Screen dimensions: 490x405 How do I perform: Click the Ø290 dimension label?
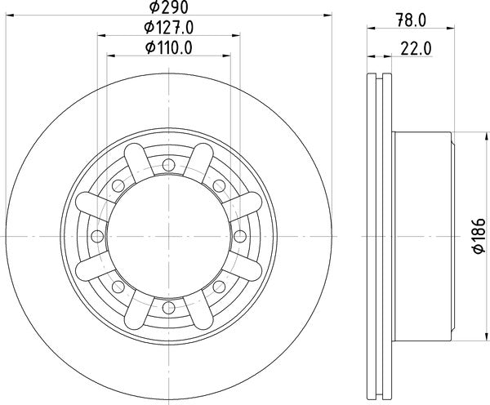[169, 7]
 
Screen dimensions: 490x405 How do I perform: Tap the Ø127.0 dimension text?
[169, 28]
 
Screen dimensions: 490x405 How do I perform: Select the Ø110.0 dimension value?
[169, 48]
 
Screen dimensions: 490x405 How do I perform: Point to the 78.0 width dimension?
[411, 20]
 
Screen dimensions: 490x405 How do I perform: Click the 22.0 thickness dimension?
[416, 49]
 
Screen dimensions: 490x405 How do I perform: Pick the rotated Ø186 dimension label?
[479, 236]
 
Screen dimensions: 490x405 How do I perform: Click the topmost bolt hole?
[169, 165]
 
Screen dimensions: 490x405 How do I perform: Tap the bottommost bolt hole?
[169, 308]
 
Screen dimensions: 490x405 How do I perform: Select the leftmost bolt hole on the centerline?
[97, 236]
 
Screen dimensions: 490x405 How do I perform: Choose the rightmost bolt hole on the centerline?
[240, 236]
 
